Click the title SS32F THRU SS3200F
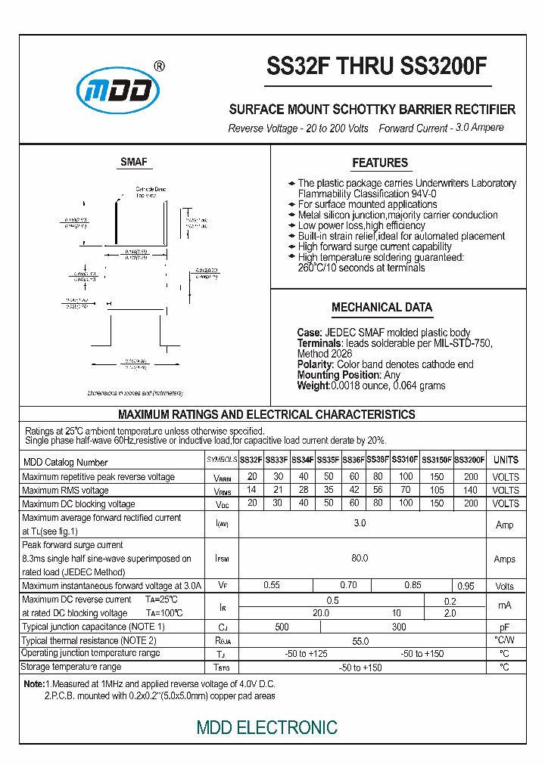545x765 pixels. tap(377, 67)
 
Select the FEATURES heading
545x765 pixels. tap(380, 163)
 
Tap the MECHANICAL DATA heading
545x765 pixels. tap(382, 307)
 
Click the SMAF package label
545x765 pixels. tap(134, 162)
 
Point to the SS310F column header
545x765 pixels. tap(405, 460)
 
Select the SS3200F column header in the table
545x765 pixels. tap(470, 460)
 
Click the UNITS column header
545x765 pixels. tap(506, 460)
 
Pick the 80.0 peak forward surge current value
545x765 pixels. tap(360, 558)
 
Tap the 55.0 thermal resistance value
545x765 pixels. tap(360, 640)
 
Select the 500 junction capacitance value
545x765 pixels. tap(282, 627)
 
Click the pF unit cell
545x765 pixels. tap(505, 627)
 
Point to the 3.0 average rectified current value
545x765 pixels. tap(360, 524)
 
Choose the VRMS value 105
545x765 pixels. tap(437, 490)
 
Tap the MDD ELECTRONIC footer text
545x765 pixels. tap(266, 728)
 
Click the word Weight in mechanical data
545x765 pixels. tap(313, 386)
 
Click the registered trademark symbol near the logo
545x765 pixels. tap(159, 66)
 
